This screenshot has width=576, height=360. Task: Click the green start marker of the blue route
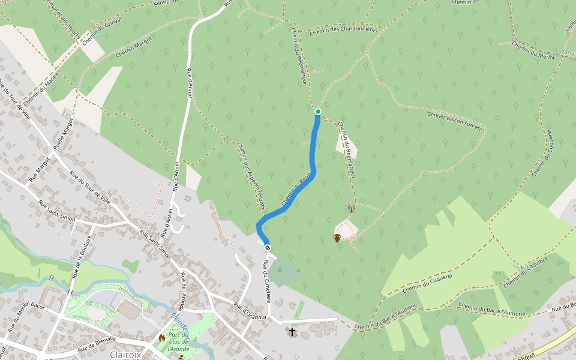317,112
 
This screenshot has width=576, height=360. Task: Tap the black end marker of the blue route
268,248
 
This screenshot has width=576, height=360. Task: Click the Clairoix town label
125,355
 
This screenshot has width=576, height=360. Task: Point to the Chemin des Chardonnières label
344,30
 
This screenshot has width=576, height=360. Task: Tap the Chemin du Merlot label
533,49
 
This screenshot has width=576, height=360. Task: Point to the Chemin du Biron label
296,188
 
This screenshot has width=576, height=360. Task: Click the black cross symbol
292,331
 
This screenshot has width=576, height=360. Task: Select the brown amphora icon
337,238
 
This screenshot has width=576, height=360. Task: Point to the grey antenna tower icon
352,208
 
